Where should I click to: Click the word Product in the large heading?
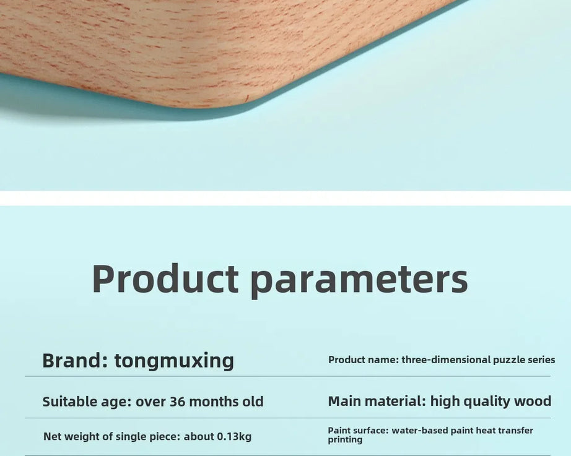(x=165, y=278)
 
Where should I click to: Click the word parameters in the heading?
(x=359, y=282)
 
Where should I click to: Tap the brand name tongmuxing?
(x=174, y=361)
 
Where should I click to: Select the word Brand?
(x=75, y=361)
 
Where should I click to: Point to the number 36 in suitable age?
(x=178, y=402)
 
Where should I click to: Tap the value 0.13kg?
(x=234, y=436)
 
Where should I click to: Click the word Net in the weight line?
(x=51, y=436)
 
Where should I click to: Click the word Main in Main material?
(x=344, y=401)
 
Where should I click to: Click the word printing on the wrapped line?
(x=345, y=440)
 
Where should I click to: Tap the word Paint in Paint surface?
(x=338, y=431)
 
